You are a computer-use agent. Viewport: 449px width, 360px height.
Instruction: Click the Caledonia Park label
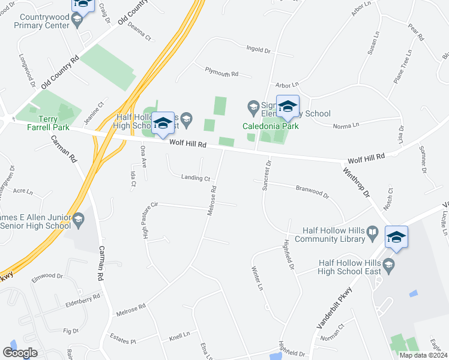270,126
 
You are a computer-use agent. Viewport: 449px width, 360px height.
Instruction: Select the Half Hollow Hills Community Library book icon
372,232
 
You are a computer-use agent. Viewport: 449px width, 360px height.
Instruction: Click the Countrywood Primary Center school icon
76,20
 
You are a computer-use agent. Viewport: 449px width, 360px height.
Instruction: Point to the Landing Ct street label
196,178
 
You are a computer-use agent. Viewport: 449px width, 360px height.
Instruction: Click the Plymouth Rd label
221,73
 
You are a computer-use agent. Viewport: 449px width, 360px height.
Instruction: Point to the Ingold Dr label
259,49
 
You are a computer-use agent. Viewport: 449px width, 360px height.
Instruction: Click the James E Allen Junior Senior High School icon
78,221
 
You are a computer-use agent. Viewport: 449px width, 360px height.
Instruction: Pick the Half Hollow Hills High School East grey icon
388,265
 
